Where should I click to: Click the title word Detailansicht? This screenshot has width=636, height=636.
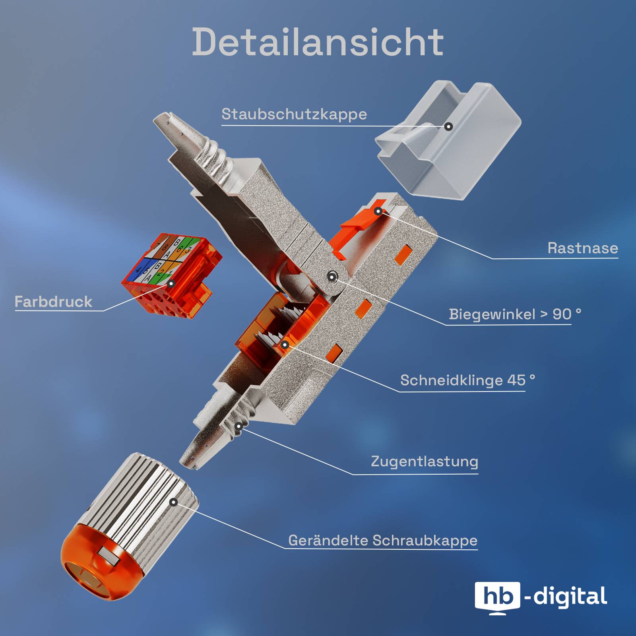click(318, 42)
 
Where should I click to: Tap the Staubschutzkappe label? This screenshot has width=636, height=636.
click(294, 114)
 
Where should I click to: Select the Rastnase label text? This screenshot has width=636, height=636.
click(583, 248)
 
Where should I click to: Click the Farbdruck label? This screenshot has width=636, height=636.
click(53, 302)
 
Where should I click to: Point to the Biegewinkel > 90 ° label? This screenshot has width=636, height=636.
click(515, 314)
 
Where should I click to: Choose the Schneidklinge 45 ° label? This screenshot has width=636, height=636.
click(467, 380)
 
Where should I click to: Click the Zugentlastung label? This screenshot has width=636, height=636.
click(425, 461)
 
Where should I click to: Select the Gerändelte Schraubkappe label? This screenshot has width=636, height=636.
click(383, 541)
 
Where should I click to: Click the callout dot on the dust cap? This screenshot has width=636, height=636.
click(448, 127)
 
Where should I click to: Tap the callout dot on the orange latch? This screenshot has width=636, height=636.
click(378, 211)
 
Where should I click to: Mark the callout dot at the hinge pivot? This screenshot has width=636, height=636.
click(332, 277)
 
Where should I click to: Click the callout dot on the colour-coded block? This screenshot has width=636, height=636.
click(171, 284)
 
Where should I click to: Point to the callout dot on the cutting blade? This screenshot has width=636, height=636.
click(285, 345)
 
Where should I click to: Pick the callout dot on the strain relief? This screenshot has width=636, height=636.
click(238, 427)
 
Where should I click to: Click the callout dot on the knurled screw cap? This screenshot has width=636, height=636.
click(174, 502)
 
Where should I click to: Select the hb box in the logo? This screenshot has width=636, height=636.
click(497, 597)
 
